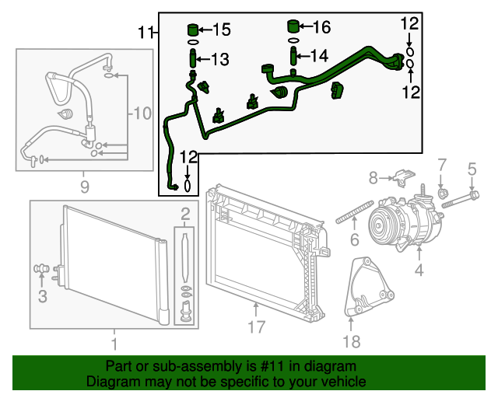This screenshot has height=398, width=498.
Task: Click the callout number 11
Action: (146, 33)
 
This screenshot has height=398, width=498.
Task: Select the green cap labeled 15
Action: (194, 30)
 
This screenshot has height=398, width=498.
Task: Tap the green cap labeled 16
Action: (294, 26)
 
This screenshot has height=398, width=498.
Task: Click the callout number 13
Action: (220, 59)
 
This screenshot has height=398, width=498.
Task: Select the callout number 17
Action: (256, 327)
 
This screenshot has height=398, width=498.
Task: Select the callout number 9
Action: (84, 187)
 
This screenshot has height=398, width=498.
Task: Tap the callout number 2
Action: (184, 214)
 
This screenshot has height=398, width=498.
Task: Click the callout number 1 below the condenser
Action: (114, 343)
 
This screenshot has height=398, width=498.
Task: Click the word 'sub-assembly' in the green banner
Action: (180, 365)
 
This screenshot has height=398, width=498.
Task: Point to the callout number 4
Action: (419, 271)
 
